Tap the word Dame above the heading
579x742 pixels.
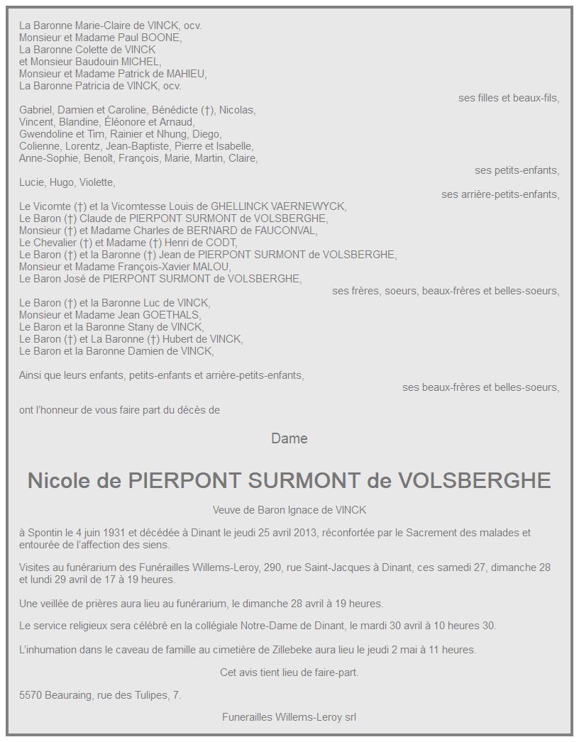[x=289, y=439]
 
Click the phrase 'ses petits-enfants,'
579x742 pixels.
[x=517, y=170]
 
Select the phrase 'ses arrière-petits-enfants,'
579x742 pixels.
[x=500, y=194]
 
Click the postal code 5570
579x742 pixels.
[x=31, y=695]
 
